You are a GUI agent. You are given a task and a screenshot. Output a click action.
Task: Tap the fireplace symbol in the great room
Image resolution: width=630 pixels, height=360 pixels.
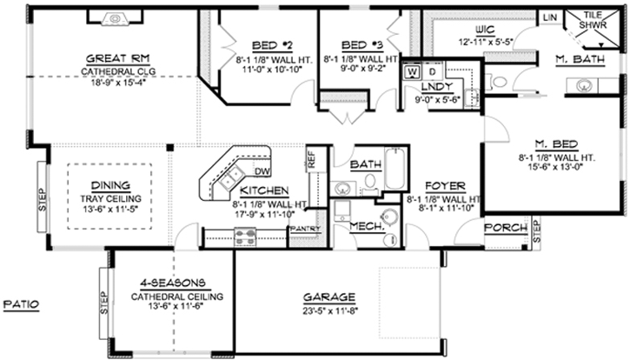[x=116, y=17]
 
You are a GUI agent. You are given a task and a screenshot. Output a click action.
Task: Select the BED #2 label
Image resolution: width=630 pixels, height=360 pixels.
[x=273, y=45]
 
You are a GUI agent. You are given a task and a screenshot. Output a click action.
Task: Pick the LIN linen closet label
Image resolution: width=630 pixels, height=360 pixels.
[x=549, y=17]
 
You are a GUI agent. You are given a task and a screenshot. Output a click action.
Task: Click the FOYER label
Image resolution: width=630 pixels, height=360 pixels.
[x=444, y=186]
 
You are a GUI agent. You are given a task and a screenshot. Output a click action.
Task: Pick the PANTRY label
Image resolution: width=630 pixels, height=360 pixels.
[x=306, y=229]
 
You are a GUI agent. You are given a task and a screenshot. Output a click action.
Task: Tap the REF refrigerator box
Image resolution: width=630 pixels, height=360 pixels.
[x=311, y=160]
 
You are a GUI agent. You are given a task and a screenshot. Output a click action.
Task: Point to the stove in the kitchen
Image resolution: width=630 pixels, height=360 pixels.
[x=244, y=232]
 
